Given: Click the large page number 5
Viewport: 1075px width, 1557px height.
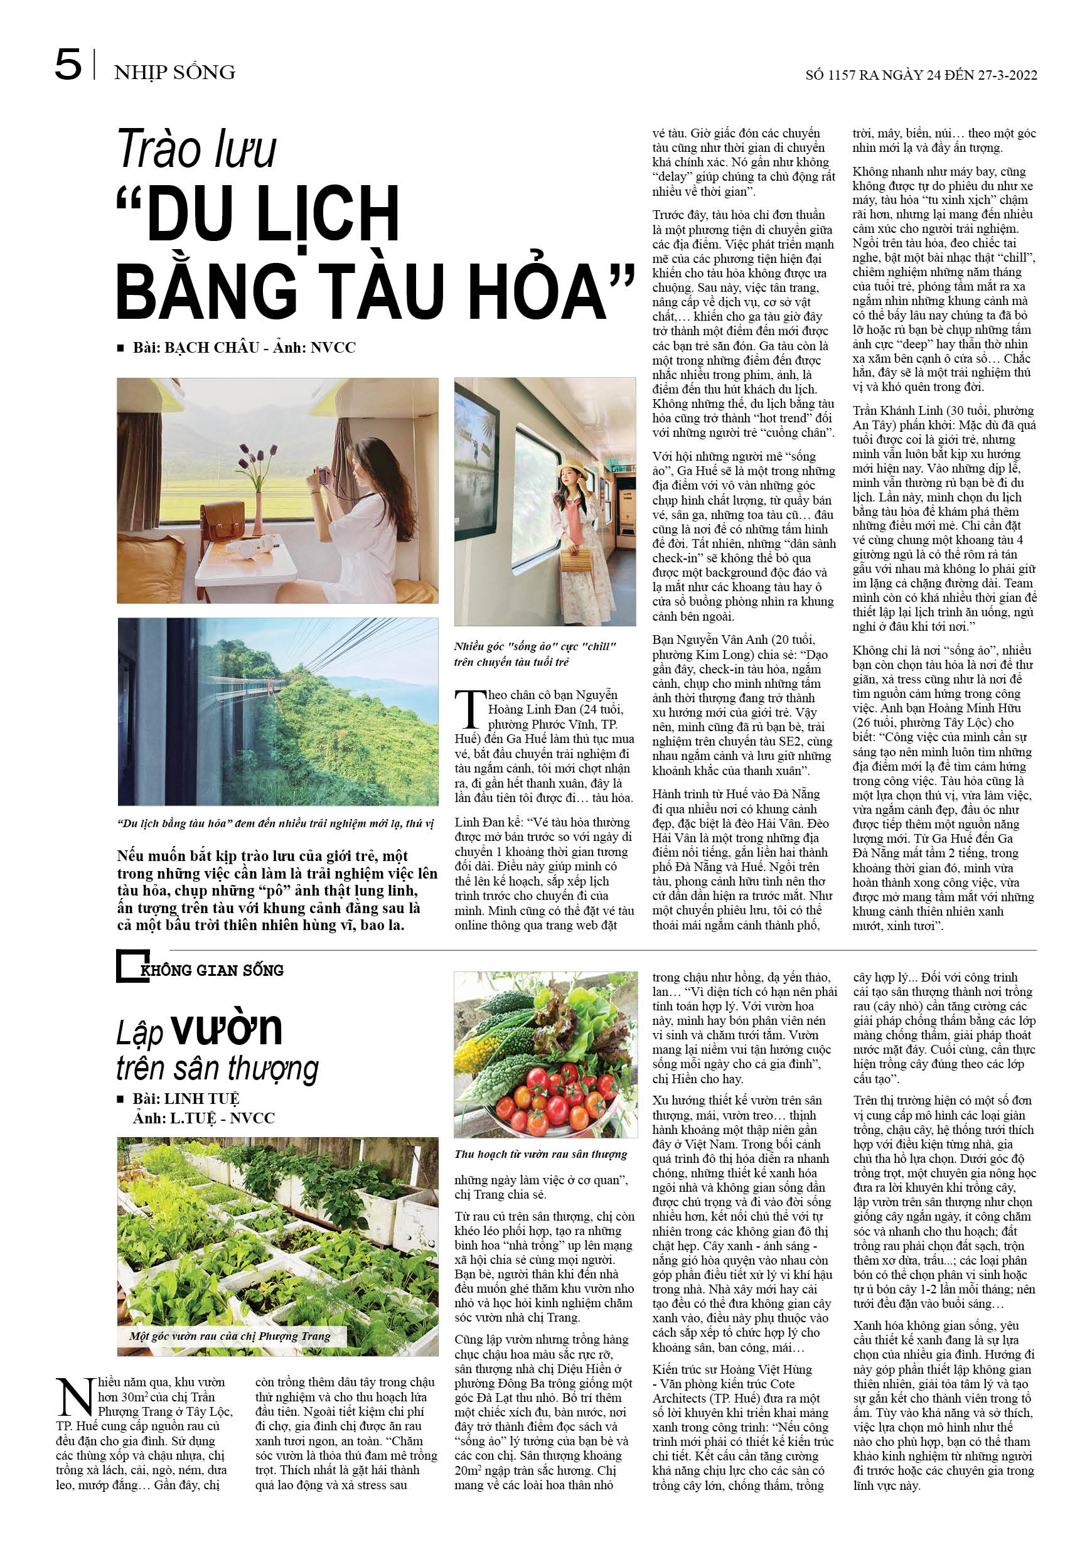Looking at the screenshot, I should (68, 65).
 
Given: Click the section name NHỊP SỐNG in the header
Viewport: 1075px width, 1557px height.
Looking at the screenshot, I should (174, 72).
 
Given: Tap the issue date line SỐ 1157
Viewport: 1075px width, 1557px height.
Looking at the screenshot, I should (921, 75).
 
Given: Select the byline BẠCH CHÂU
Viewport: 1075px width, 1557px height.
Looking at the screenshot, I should (213, 348).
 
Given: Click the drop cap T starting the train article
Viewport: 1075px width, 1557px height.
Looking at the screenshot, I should (469, 709).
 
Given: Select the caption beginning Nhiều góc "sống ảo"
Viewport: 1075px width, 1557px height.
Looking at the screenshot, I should (535, 654).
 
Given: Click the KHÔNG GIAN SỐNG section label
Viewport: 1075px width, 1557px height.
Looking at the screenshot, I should (211, 970).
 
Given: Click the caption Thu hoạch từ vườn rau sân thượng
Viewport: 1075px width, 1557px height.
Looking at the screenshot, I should (540, 1154).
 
